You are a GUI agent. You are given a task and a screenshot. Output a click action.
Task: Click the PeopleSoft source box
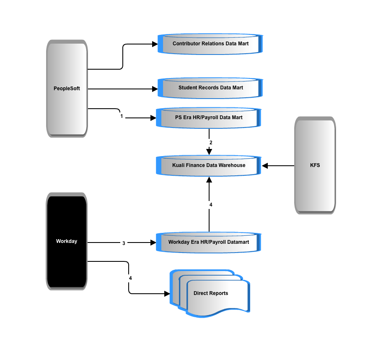point(67,89)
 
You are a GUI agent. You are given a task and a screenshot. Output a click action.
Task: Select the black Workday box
point(67,241)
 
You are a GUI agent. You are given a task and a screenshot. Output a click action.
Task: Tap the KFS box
point(315,165)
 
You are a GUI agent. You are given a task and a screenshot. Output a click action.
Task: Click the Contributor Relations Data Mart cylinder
point(210,44)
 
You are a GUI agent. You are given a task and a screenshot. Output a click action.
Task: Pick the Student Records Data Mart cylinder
point(210,88)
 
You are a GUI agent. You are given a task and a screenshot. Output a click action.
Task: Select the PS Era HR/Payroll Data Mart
point(209,118)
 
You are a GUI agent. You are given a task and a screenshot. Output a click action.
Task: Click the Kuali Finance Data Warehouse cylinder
point(209,165)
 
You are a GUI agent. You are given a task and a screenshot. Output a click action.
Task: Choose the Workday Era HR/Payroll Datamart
point(209,243)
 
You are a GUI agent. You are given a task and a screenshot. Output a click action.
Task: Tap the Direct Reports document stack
point(210,293)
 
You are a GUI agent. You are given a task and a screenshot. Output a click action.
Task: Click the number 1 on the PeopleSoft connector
point(122,116)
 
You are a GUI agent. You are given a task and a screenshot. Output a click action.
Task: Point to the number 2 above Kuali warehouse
point(211,143)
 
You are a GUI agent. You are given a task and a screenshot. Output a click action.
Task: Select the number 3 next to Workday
point(124,243)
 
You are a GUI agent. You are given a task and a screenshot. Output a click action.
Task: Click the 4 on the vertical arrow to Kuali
point(211,205)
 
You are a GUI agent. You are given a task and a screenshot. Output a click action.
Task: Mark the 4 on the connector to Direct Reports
point(130,278)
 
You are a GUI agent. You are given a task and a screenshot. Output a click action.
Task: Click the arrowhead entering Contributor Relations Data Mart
point(155,44)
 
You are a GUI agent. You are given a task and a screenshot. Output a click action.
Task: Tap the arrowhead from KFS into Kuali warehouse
point(265,166)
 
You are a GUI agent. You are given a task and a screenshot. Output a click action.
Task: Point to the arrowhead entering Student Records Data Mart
point(155,89)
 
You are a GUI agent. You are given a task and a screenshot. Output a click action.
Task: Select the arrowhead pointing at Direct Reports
point(167,294)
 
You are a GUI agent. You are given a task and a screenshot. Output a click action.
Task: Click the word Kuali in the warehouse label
point(178,165)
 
